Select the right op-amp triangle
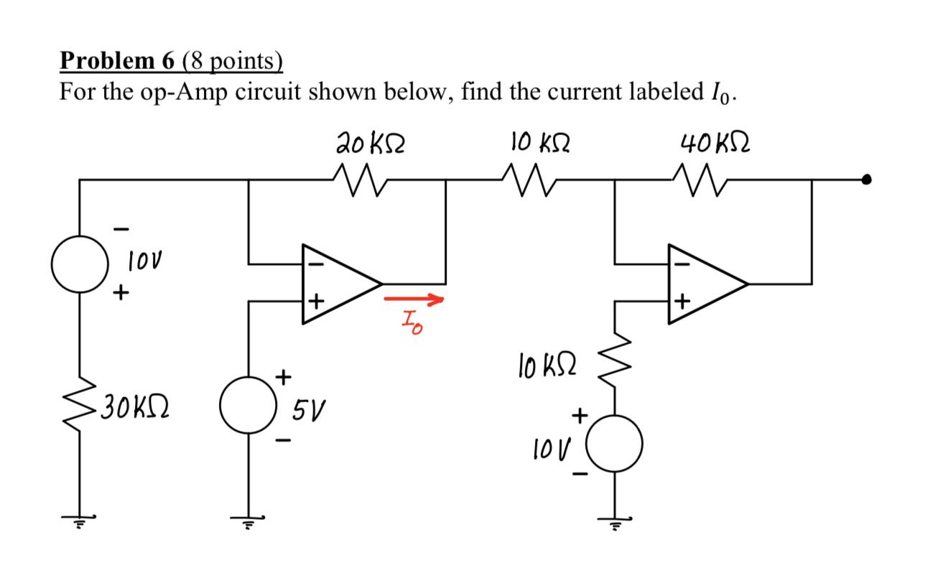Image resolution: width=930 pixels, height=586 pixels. [x=704, y=283]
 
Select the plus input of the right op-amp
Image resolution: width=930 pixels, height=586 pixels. [x=683, y=302]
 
